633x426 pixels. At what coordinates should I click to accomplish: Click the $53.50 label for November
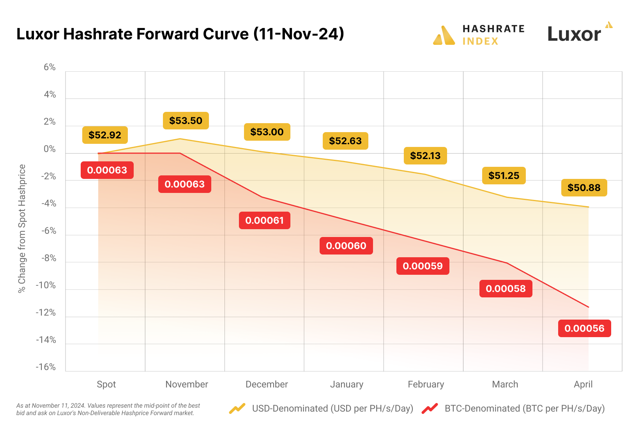tap(186, 121)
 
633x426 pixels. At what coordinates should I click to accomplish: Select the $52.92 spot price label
tap(105, 135)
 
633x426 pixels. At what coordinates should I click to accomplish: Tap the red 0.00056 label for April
tap(584, 329)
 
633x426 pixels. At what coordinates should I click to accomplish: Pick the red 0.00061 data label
tap(264, 221)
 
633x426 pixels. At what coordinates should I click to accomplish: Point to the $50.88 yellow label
tap(584, 188)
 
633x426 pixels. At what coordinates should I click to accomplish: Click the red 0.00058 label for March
tap(506, 289)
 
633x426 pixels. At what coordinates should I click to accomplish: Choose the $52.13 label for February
tap(425, 156)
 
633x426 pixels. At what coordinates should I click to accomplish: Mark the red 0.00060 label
tap(346, 246)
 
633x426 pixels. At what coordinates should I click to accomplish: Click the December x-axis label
tap(267, 384)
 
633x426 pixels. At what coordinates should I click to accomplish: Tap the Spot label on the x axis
tap(106, 384)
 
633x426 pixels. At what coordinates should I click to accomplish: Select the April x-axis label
tap(583, 384)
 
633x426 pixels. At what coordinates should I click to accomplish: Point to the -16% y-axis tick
tap(46, 367)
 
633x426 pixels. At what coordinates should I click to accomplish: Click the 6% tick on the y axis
tap(50, 67)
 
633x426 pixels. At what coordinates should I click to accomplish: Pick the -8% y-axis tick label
tap(48, 258)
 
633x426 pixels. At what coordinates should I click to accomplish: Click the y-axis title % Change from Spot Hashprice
tap(22, 228)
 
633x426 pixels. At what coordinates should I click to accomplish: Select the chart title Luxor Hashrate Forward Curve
tap(180, 34)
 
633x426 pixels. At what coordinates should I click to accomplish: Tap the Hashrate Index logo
tap(479, 35)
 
